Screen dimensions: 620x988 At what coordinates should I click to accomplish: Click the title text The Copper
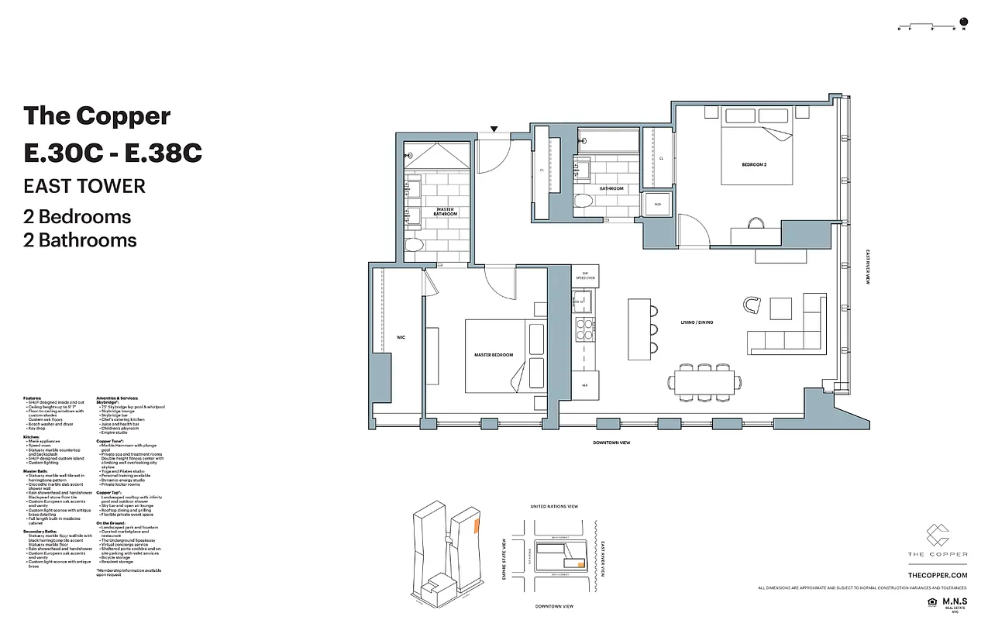(x=97, y=115)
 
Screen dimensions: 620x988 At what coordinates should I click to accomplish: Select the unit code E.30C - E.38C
(x=113, y=153)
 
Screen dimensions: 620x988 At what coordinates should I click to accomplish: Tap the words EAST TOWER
(x=84, y=186)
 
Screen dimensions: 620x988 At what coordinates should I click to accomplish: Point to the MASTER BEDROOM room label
(x=494, y=355)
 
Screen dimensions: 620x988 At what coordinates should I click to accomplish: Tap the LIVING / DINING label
(x=697, y=322)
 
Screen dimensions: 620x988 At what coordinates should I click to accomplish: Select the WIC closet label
(x=401, y=337)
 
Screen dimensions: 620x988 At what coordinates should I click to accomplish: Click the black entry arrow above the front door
(x=494, y=129)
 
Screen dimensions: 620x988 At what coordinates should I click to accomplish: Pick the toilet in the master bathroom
(x=414, y=246)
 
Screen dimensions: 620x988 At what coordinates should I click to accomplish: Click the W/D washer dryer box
(x=658, y=205)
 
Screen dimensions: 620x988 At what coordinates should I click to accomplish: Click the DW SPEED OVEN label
(x=584, y=275)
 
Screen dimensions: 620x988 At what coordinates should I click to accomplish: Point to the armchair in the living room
(x=752, y=305)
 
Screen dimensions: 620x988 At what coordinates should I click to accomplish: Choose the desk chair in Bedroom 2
(x=756, y=224)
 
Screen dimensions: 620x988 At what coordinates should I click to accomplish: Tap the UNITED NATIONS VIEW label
(x=553, y=507)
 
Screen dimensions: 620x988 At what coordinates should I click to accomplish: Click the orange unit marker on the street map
(x=578, y=563)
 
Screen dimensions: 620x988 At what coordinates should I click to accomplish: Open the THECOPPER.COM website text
(x=938, y=575)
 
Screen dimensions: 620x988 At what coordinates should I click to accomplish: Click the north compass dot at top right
(x=964, y=21)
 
